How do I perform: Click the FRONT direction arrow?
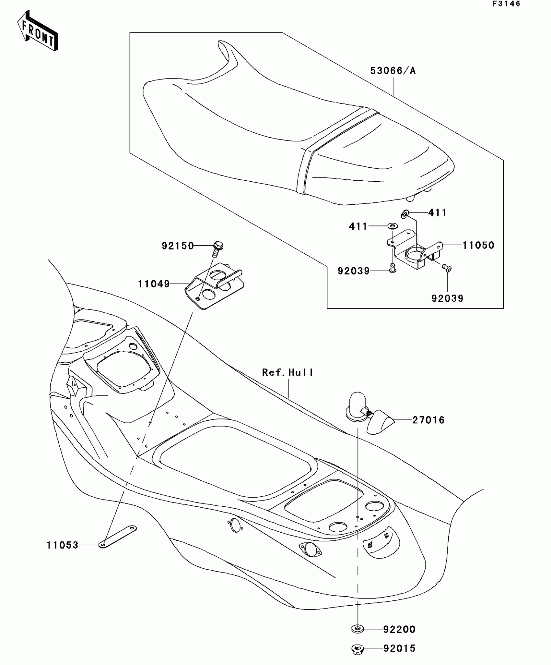pos(37,31)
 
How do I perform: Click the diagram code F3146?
pos(506,4)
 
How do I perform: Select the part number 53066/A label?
pos(393,71)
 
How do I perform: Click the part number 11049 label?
pos(154,284)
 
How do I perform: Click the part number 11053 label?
pos(63,545)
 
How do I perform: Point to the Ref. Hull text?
pos(287,372)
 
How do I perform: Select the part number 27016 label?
pos(428,420)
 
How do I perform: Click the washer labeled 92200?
pos(357,629)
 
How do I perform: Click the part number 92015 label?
pos(399,649)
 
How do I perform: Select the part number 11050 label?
pos(478,245)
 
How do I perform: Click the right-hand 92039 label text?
pos(447,298)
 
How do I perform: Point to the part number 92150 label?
pos(178,246)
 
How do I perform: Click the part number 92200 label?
pos(399,630)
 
